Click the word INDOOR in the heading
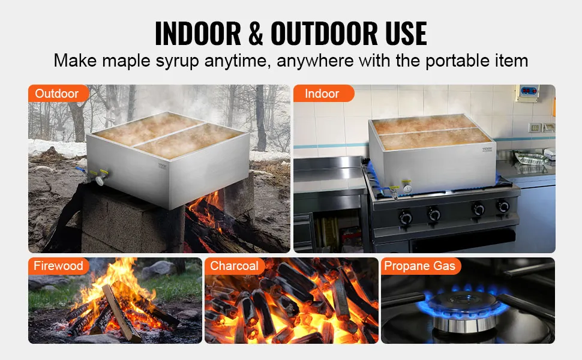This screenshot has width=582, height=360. coord(198,34)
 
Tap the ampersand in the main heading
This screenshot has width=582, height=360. coord(256,34)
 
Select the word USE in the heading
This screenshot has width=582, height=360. coord(406,34)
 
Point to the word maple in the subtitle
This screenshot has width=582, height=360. coord(126,61)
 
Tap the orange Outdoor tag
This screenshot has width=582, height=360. coord(58,93)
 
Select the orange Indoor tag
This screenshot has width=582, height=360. coord(323,93)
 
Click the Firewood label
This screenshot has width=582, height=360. coord(58,266)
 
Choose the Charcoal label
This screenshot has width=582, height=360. coord(235,266)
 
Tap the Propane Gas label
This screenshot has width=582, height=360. coord(421,266)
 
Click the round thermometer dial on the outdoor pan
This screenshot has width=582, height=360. coord(101,180)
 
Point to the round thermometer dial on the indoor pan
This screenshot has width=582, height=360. coord(407,188)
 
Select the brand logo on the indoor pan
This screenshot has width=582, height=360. coord(487,149)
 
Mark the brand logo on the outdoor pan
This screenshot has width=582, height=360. coord(163,166)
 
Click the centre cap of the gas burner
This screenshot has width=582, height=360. coord(463,299)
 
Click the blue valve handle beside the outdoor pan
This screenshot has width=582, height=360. coord(80,170)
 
